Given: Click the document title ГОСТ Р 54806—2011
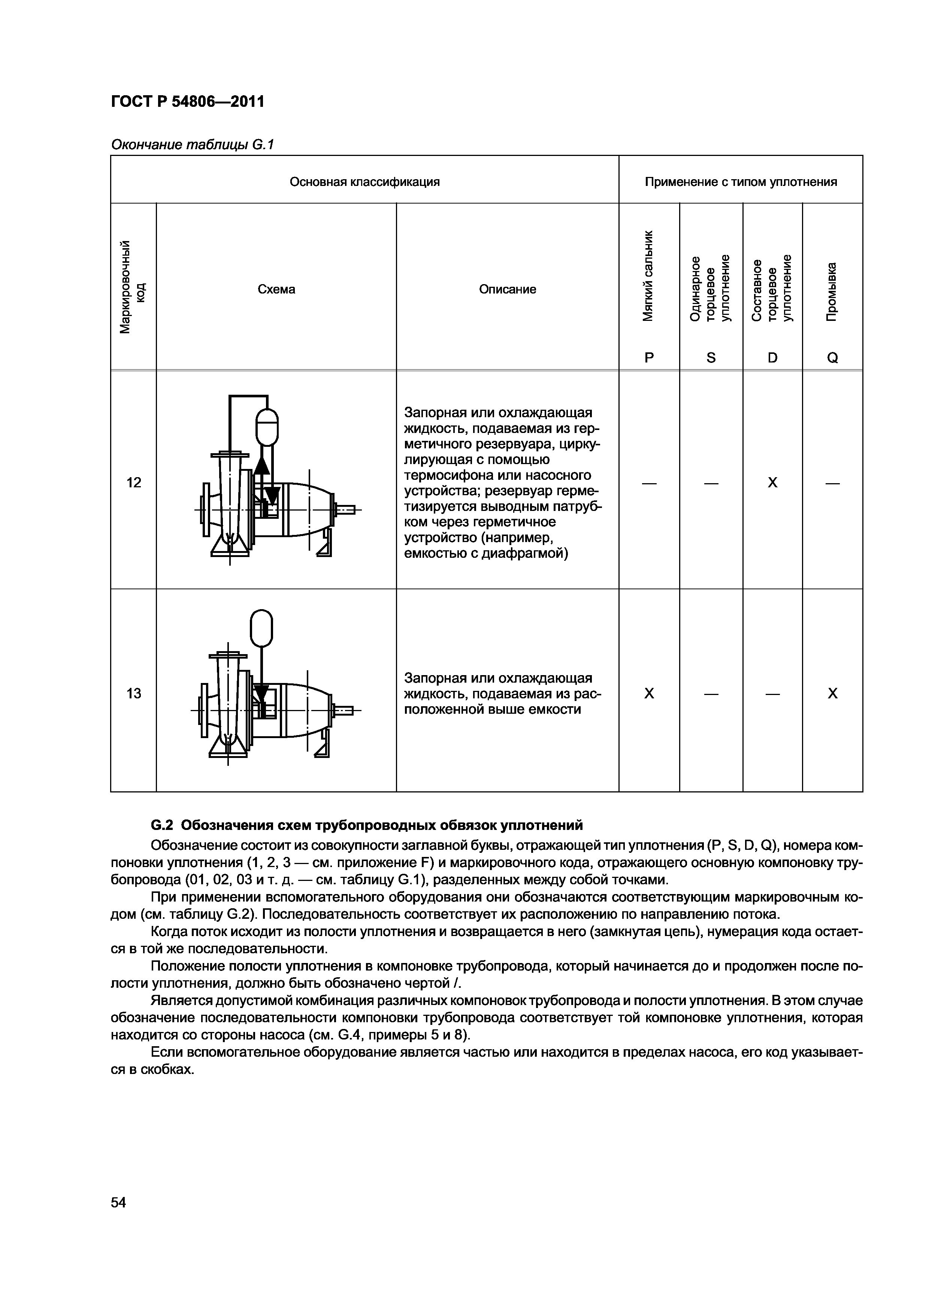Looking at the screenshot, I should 187,102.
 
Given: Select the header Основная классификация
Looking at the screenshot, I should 364,182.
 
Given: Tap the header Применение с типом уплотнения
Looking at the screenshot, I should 741,182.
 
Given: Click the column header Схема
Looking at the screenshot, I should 276,289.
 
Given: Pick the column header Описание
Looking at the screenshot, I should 507,289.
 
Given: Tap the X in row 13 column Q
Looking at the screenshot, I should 832,693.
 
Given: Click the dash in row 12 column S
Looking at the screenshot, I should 711,483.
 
